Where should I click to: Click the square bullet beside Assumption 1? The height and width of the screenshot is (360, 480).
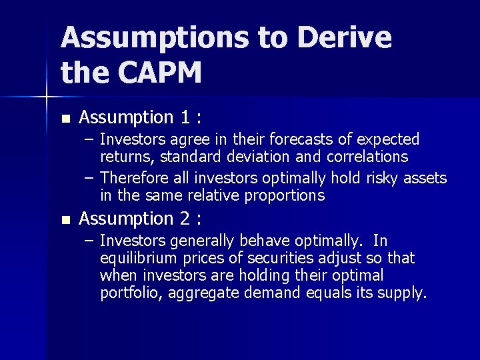[65, 119]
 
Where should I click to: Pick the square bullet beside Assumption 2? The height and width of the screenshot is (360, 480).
[65, 219]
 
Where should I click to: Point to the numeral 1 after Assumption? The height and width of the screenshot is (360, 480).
[185, 117]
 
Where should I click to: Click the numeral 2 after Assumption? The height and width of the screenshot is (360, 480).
[185, 218]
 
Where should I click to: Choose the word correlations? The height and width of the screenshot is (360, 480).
[367, 157]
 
